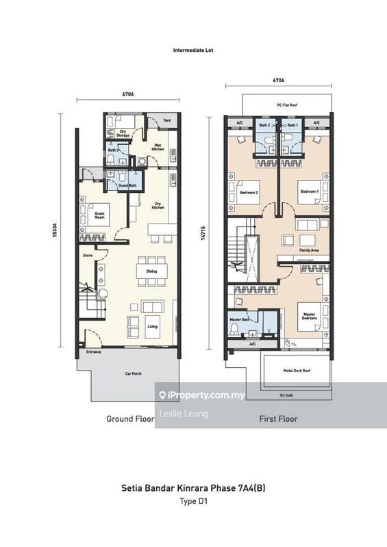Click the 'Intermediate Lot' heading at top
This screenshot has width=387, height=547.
point(193,50)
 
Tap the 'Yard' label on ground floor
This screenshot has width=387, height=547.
point(166,119)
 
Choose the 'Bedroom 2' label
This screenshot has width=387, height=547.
point(249,192)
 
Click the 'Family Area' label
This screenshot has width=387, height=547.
point(310,251)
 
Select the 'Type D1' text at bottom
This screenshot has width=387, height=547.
point(193,501)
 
